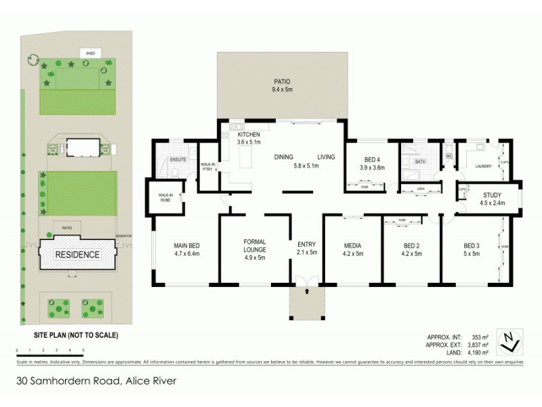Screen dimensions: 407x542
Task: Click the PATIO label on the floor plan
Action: (x=281, y=79)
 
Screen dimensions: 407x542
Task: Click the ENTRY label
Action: (x=307, y=245)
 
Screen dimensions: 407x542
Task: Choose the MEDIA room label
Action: (x=352, y=245)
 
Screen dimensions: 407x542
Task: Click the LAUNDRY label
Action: (x=483, y=166)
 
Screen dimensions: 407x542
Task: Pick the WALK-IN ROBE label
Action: (x=167, y=197)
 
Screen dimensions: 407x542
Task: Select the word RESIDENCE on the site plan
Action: (x=78, y=255)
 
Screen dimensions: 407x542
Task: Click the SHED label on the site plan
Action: (x=89, y=52)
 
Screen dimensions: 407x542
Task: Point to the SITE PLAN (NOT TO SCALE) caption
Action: (x=77, y=335)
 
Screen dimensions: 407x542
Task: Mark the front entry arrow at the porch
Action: (x=307, y=292)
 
